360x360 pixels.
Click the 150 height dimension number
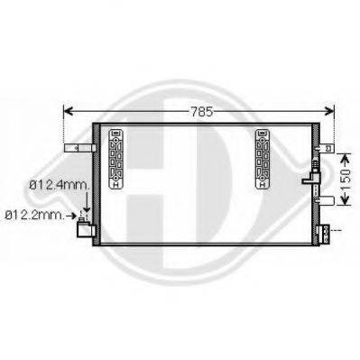click(x=343, y=169)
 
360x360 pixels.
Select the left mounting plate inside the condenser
click(x=115, y=159)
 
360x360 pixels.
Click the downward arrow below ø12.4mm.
click(x=85, y=206)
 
